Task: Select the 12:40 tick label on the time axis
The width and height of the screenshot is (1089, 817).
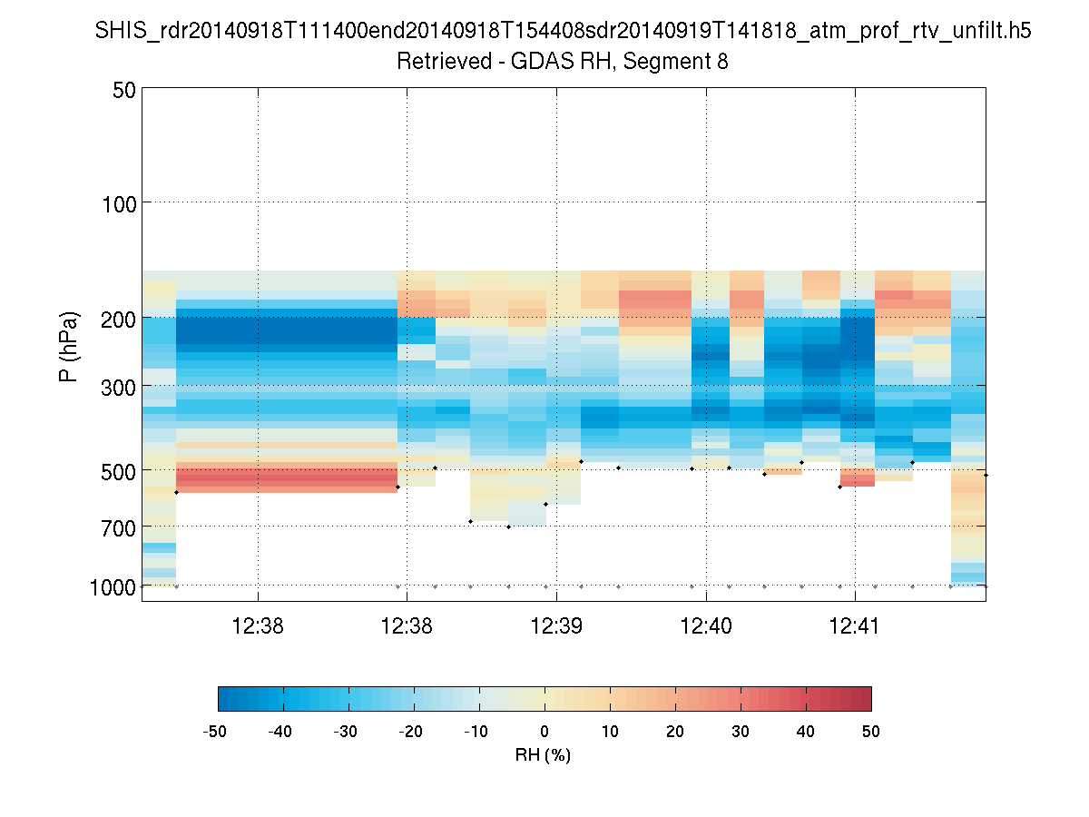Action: click(705, 625)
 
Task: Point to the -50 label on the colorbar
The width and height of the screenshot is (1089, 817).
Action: click(215, 731)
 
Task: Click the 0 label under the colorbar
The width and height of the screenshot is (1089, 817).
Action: click(544, 731)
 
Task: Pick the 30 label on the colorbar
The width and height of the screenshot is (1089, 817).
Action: click(741, 731)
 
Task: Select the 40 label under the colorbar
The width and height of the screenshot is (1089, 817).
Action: click(806, 731)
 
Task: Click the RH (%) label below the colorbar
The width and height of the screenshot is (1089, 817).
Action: click(543, 755)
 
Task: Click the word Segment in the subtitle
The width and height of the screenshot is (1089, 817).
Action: click(672, 62)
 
